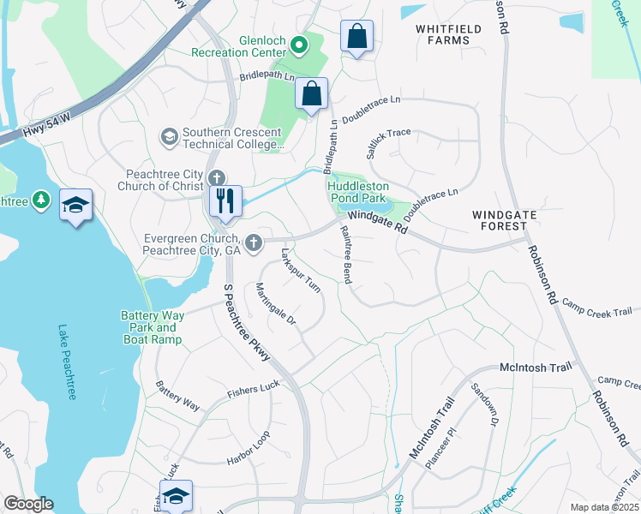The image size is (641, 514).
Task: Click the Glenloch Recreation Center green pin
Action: pos(299,45)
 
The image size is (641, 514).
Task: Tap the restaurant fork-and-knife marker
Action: pos(225,201)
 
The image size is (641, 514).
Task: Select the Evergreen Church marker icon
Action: pos(253,243)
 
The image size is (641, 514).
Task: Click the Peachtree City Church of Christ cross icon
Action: pos(216,178)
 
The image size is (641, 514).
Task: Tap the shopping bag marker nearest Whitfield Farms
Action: pos(356,38)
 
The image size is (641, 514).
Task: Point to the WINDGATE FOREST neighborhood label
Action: pos(501,218)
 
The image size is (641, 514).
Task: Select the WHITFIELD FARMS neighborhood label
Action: pos(443,34)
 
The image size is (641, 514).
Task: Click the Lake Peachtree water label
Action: pos(65,362)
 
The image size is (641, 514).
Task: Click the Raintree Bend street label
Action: pos(346,254)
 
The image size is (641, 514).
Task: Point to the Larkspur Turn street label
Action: pos(300,271)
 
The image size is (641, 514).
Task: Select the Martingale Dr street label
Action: pos(275,307)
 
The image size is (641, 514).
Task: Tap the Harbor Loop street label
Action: pos(249,446)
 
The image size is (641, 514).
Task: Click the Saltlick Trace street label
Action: pos(388,137)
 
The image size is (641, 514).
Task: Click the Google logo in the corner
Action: pos(27,504)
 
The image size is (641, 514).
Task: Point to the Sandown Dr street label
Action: pos(484,404)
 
